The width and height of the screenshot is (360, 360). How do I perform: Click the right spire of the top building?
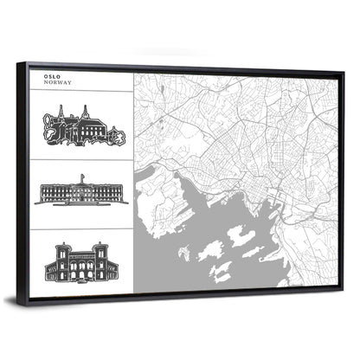click(87, 110)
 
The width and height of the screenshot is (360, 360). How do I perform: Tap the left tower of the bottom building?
click(61, 251)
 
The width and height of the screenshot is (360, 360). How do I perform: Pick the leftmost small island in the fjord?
click(183, 254)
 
